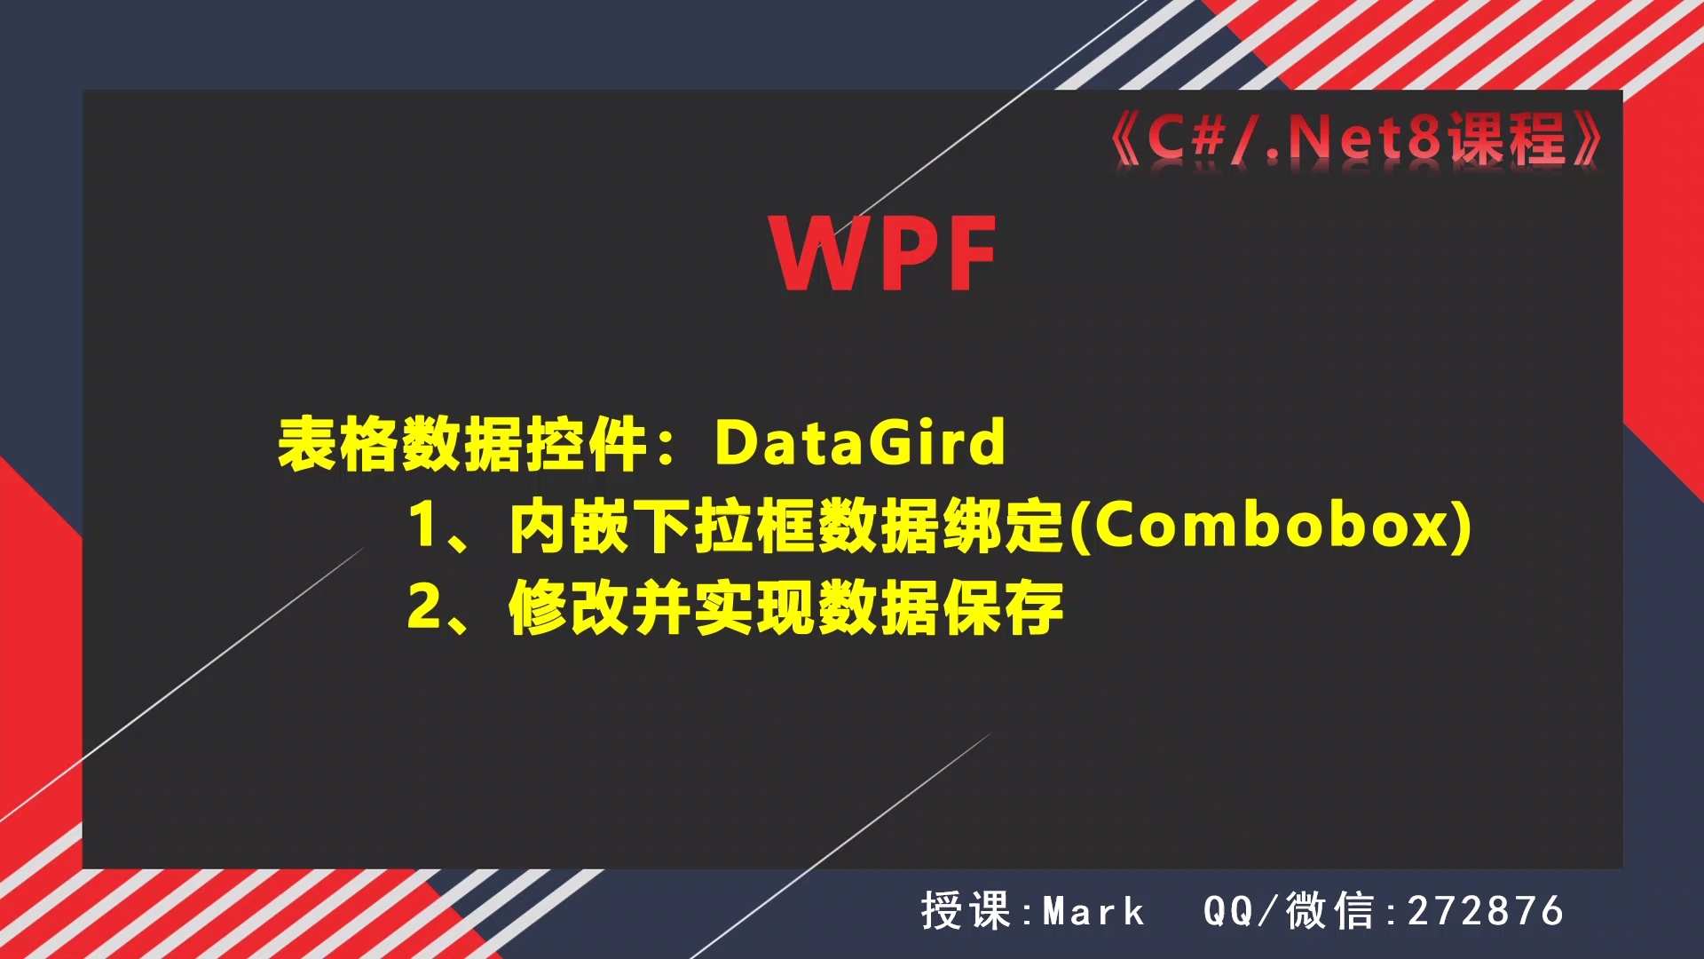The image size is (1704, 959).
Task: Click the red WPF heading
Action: click(884, 254)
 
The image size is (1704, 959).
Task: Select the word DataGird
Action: click(859, 442)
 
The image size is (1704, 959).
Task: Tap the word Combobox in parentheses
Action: click(1271, 525)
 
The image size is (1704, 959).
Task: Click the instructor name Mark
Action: click(1093, 912)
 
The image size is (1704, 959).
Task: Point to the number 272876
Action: click(1485, 912)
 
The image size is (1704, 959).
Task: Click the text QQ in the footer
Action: click(1227, 912)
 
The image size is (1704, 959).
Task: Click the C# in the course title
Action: click(1186, 139)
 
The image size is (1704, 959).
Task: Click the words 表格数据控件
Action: click(462, 442)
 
